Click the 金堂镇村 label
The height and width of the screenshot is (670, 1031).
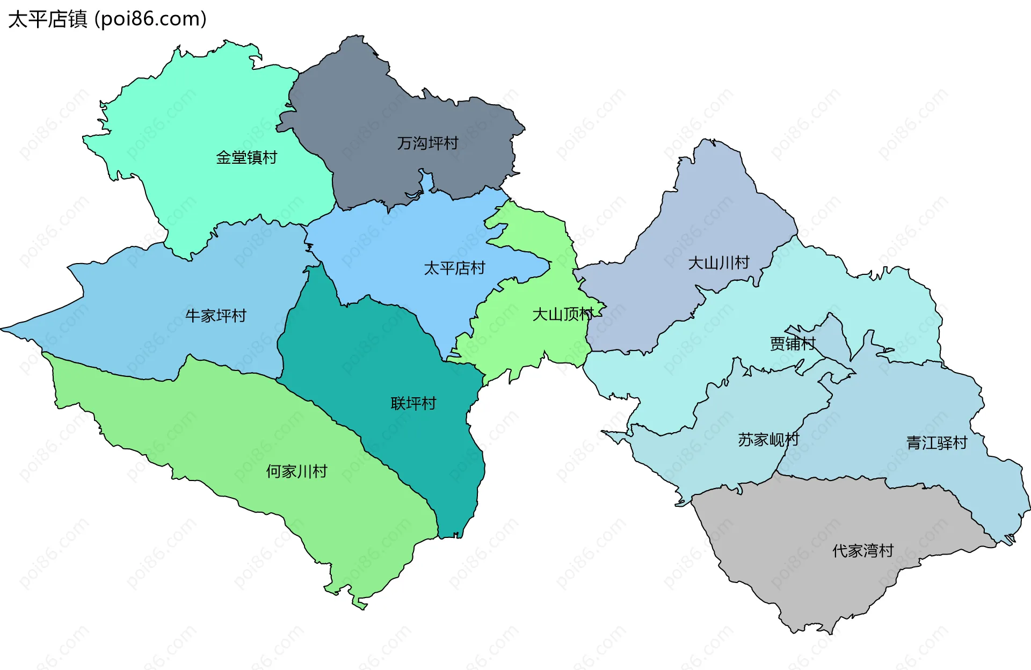click(x=246, y=157)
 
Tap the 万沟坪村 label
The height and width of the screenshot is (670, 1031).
click(x=427, y=143)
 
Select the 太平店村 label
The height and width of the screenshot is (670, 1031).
click(x=454, y=268)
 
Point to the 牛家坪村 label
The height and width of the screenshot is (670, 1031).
click(x=216, y=316)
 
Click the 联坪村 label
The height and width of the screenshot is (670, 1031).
click(x=413, y=403)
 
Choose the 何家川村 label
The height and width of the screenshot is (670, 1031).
click(x=296, y=471)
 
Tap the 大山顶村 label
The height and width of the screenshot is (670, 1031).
click(x=562, y=314)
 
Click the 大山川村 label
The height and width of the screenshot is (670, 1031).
click(x=718, y=263)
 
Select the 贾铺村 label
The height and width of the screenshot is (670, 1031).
click(x=793, y=344)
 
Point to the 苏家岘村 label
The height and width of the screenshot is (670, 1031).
click(x=768, y=440)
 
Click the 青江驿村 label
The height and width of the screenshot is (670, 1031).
click(x=936, y=443)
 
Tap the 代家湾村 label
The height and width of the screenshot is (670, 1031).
click(x=862, y=551)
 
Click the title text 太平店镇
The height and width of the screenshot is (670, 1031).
click(x=47, y=19)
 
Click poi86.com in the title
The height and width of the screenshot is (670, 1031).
click(x=150, y=19)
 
